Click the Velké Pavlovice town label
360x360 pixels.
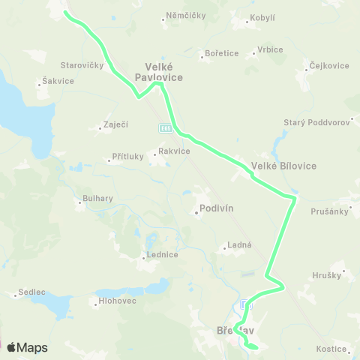click(159, 70)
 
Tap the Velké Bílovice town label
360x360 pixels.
click(284, 165)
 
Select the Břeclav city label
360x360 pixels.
click(235, 330)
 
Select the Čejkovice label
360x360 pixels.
click(329, 66)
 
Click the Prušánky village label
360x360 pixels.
click(331, 211)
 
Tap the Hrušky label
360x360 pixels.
click(327, 276)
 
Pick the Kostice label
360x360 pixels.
click(331, 349)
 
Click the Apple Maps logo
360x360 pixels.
click(26, 347)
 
